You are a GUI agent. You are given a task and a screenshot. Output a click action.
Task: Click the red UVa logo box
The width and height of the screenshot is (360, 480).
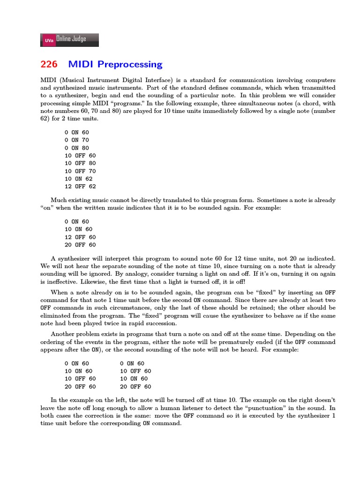[49, 41]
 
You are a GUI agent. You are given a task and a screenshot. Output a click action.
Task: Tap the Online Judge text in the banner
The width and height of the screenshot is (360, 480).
[71, 39]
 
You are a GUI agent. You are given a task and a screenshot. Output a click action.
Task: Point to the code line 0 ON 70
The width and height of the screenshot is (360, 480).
[76, 140]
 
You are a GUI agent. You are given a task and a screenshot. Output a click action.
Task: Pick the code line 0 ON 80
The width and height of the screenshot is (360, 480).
[76, 148]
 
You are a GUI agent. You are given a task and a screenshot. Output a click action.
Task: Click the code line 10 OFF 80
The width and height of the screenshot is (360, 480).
[80, 164]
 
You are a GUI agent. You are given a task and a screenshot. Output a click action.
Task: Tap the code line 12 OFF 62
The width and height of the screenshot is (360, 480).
[80, 187]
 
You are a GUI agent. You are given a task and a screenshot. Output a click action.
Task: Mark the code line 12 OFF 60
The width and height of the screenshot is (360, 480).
[80, 237]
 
